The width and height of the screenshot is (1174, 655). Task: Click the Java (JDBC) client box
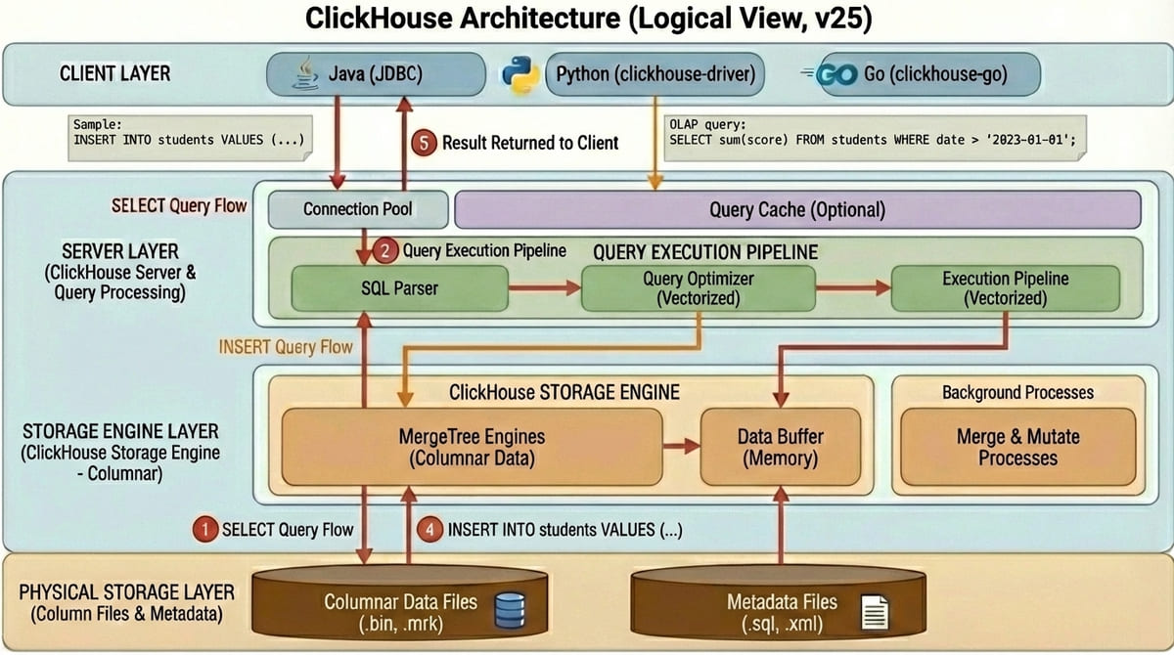point(377,74)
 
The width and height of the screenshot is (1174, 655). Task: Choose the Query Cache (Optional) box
point(797,209)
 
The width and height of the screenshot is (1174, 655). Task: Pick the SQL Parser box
point(399,288)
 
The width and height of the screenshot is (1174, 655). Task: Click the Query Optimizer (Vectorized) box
point(699,288)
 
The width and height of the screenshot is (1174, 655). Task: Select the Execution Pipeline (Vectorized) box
point(1005,288)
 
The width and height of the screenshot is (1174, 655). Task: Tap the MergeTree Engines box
point(472,447)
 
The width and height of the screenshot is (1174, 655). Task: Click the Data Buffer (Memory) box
point(780,447)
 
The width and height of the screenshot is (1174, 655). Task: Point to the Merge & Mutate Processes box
point(1017,447)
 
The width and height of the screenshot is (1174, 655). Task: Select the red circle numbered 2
point(386,251)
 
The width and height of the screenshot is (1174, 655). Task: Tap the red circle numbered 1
point(204,530)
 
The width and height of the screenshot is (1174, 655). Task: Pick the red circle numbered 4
point(429,530)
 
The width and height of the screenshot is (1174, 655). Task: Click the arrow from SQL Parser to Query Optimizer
point(544,288)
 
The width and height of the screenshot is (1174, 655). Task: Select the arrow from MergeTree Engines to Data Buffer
point(681,447)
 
